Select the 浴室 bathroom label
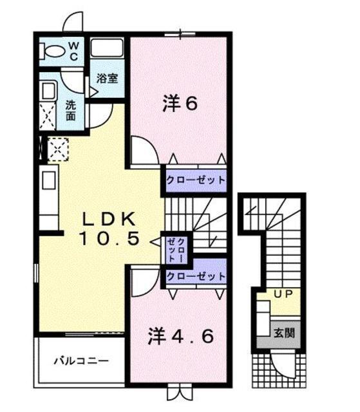tap(106, 79)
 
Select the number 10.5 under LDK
tap(109, 239)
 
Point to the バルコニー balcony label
tap(80, 361)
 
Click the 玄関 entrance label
tap(283, 333)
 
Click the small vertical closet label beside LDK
tap(176, 248)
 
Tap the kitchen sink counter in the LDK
tap(50, 184)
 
